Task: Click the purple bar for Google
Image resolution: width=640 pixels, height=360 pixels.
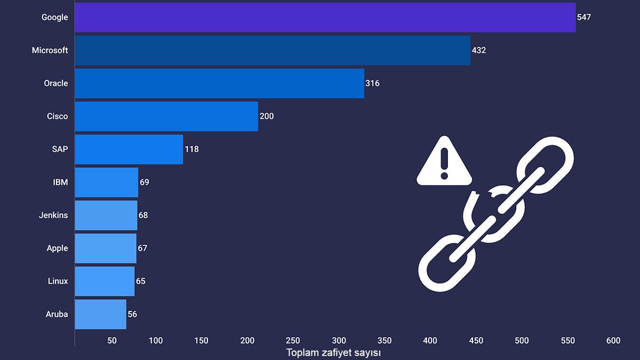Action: coord(325,17)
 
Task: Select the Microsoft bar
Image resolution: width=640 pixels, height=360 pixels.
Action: coord(273,50)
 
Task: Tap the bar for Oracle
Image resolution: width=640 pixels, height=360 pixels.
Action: coord(219,83)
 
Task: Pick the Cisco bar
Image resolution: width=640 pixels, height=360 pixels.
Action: coord(166,116)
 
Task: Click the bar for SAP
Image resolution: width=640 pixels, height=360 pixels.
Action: coord(129,149)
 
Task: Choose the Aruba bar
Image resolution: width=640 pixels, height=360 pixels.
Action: coord(100,314)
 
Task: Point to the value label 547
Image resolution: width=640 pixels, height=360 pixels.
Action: coord(584,17)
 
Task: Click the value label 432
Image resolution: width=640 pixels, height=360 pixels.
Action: coord(479,50)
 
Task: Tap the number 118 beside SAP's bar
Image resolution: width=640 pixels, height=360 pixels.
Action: coord(191,149)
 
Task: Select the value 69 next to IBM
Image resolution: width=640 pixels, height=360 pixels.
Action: coord(145,182)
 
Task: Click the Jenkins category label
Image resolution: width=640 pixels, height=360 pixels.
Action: coord(53,215)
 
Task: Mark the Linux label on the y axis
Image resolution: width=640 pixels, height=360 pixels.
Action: coord(58,281)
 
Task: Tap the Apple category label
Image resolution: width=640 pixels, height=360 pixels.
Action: coord(57,248)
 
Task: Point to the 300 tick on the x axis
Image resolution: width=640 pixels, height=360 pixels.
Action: coord(339,341)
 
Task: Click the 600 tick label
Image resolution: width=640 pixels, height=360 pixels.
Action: coord(613,341)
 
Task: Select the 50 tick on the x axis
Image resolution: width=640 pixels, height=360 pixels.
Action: coord(112,341)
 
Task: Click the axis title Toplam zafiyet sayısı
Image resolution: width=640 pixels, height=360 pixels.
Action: coord(333,353)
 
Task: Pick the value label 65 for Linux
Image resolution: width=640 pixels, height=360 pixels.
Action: coord(141,281)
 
